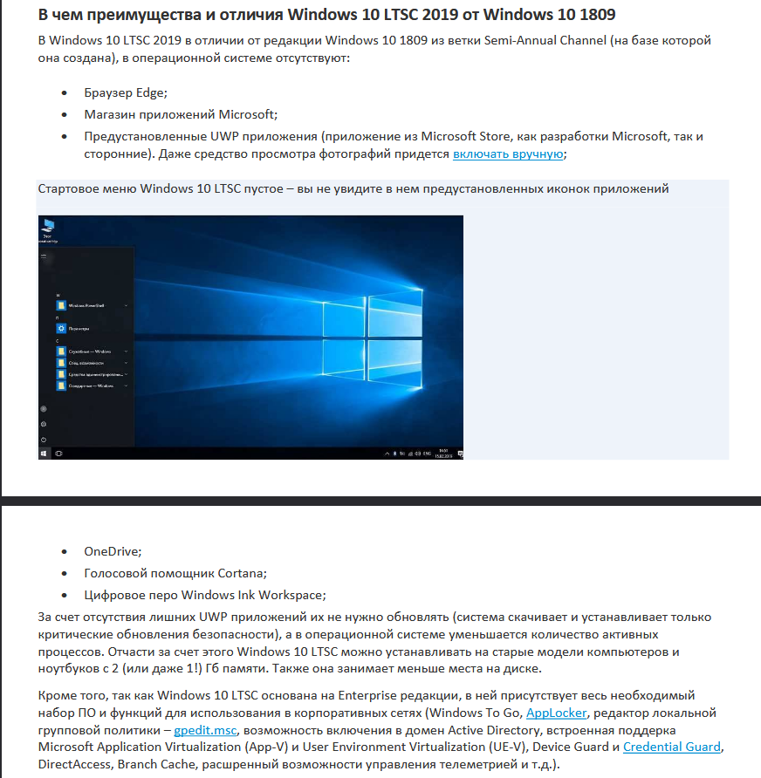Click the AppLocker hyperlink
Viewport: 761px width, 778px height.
[556, 713]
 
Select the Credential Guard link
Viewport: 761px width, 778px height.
[672, 747]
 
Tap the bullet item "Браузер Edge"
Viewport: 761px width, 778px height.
[126, 94]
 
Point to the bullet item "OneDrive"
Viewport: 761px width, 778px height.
[113, 551]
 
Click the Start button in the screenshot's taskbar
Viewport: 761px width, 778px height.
[44, 454]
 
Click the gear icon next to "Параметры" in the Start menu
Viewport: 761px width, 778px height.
[60, 328]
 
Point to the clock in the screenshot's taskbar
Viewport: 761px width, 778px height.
[443, 453]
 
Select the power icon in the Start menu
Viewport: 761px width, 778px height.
[44, 439]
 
